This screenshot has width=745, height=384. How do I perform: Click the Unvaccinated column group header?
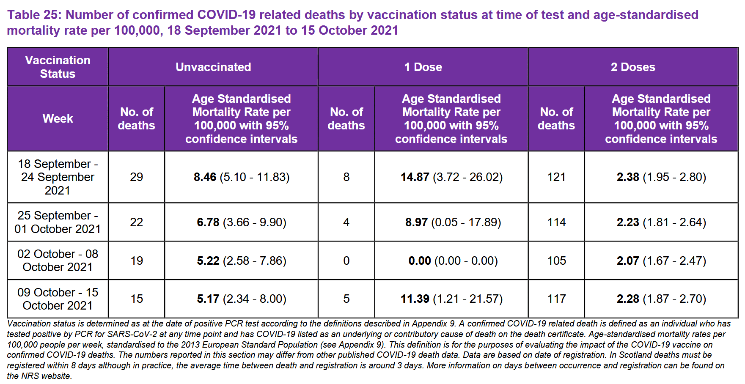[x=213, y=67]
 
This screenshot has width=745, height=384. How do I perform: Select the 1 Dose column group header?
[x=423, y=67]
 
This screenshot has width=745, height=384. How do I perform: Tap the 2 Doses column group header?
[x=633, y=67]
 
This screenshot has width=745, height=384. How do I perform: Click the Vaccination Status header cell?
[x=58, y=67]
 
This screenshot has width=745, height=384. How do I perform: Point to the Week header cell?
[x=58, y=118]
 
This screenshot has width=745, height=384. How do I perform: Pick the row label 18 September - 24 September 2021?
[x=58, y=177]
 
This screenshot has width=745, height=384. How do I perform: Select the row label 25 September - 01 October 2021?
[x=58, y=222]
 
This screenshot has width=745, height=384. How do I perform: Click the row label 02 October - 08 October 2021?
[x=58, y=261]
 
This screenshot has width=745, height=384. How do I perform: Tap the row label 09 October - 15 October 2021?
[x=58, y=299]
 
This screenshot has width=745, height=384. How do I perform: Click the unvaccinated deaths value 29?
[x=136, y=177]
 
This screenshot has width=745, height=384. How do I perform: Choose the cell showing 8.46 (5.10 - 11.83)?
[x=242, y=177]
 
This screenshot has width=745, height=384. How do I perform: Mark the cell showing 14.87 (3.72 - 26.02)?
[x=451, y=177]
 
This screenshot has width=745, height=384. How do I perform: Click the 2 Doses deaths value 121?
[x=556, y=177]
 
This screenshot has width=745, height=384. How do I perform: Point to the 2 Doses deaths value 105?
[x=556, y=261]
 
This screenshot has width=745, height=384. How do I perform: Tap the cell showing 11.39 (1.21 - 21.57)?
[x=451, y=299]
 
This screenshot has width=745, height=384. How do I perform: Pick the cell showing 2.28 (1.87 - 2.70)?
[x=661, y=299]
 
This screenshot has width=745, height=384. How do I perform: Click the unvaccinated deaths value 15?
[x=136, y=299]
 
